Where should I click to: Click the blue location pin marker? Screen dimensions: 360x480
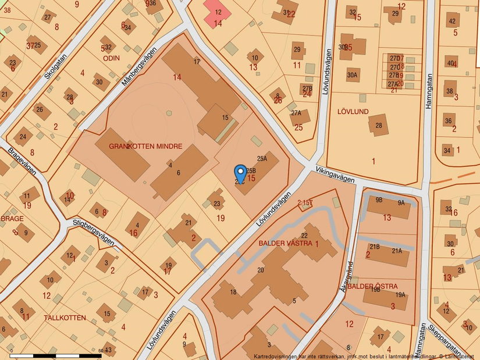240,174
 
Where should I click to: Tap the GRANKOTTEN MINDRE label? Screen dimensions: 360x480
145,147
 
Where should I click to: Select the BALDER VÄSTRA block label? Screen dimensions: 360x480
286,243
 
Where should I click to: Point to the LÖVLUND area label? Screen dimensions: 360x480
353,111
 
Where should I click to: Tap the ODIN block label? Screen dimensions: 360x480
111,58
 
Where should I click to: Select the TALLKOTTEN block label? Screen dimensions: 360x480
65,318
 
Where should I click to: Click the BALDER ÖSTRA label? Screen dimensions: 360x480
373,287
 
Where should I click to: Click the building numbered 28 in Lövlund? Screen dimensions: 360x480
379,125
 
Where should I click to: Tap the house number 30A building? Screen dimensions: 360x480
352,75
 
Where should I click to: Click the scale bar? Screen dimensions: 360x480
56,355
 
